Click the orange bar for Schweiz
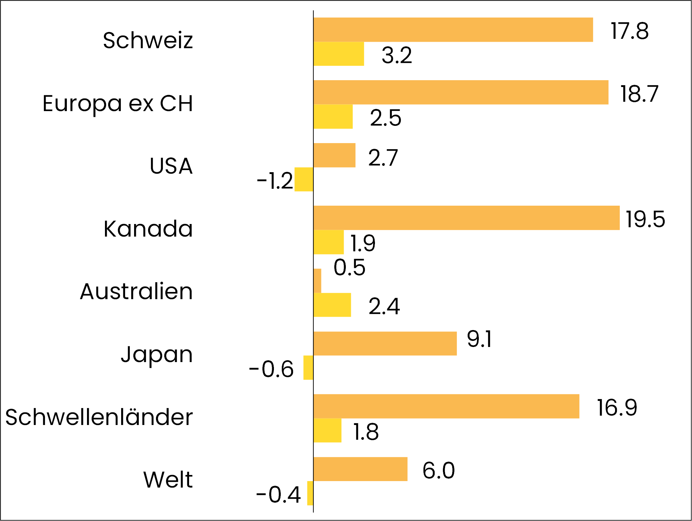(x=453, y=30)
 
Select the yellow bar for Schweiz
(x=339, y=54)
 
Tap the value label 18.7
(x=639, y=94)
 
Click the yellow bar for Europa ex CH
(x=333, y=116)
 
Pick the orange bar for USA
(x=334, y=155)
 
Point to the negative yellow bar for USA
(x=304, y=179)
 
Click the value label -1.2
(x=275, y=180)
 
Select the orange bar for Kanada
(x=466, y=218)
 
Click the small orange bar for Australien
(x=317, y=281)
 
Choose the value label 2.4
(x=384, y=306)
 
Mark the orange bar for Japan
(x=385, y=344)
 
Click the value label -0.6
(x=271, y=369)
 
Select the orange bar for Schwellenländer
(x=446, y=406)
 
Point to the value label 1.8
(x=366, y=432)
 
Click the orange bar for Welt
(x=360, y=469)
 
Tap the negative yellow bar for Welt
(x=310, y=493)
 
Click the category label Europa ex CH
(x=118, y=104)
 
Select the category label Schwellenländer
(x=99, y=417)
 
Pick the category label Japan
(x=157, y=355)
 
